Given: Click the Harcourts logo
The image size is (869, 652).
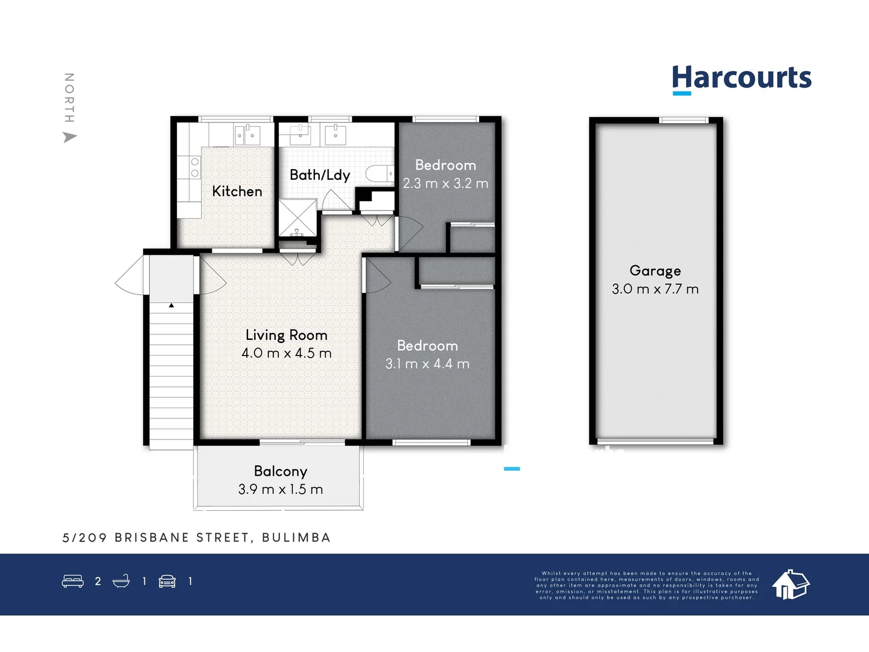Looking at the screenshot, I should [742, 79].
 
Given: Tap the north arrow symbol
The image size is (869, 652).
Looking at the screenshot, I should [70, 138].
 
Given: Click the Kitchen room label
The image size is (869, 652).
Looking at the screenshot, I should [237, 191].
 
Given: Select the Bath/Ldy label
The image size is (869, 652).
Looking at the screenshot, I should [320, 175].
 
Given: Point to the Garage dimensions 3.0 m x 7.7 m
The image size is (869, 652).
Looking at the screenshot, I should [655, 289].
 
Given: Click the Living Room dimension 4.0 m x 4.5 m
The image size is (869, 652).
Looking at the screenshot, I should [287, 353].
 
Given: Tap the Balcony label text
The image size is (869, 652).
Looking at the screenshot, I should [281, 471].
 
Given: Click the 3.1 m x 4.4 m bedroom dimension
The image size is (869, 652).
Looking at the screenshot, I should [427, 364].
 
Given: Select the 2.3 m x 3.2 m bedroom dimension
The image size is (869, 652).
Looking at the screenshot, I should [445, 184].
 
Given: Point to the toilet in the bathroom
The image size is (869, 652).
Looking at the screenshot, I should [380, 174].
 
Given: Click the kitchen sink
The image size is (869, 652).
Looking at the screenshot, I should [247, 135].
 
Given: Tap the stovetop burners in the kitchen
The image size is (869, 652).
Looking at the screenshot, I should [195, 167].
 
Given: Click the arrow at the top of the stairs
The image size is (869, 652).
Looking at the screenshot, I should [171, 306].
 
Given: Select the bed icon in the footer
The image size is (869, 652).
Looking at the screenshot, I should [73, 581].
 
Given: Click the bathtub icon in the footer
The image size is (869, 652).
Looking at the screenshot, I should [121, 581].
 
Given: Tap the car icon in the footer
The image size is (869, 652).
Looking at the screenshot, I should [167, 581].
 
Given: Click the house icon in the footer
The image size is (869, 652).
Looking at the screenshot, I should [791, 584].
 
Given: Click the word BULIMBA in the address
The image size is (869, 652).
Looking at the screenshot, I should [296, 538].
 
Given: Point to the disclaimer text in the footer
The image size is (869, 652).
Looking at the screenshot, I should [646, 586].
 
